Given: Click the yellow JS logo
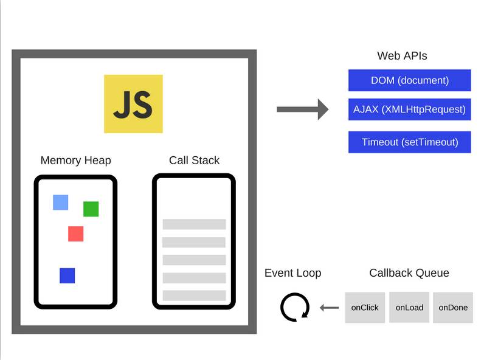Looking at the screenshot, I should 133,103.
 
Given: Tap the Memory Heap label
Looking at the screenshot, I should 75,161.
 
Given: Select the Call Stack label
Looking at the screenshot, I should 194,161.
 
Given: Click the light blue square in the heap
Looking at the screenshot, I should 60,202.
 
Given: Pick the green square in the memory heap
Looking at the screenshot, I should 91,209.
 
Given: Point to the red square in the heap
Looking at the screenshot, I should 75,234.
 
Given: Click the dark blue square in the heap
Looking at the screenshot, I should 67,275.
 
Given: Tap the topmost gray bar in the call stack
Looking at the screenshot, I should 194,224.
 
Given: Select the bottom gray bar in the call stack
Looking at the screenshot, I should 194,296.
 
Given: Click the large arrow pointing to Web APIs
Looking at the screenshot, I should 302,109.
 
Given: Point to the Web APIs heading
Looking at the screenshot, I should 402,56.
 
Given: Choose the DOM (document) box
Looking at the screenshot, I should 409,80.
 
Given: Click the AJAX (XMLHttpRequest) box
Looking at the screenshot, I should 409,109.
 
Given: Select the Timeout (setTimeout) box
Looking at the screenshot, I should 409,142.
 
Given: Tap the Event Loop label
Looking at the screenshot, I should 292,273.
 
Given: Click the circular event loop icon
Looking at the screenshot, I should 295,307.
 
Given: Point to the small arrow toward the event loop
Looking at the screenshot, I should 329,308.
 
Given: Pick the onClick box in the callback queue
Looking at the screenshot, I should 365,308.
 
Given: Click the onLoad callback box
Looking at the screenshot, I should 409,308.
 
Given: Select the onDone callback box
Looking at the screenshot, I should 453,308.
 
